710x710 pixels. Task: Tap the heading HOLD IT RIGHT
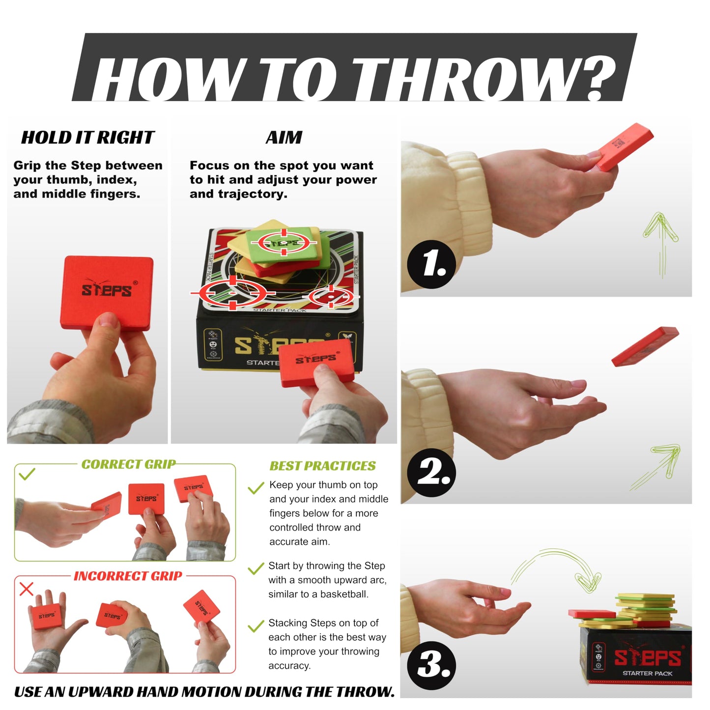[87, 138]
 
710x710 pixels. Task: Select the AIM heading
[284, 138]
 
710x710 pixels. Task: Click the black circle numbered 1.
[431, 264]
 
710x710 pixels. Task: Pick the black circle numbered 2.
[431, 472]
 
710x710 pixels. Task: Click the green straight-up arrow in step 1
[661, 245]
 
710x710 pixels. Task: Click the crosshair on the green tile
[284, 242]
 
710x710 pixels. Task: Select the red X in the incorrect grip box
[26, 589]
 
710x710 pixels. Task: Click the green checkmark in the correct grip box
[27, 474]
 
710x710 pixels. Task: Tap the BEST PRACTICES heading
[322, 466]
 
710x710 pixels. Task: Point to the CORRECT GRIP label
[129, 464]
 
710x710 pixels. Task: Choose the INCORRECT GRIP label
[128, 576]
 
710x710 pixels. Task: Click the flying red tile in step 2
[645, 346]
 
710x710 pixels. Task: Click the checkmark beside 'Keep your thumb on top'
[256, 488]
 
